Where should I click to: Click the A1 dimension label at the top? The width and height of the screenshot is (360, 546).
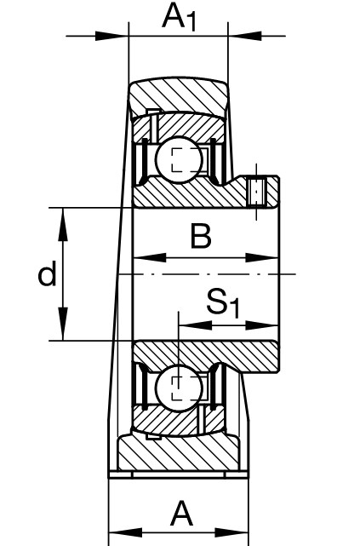pyautogui.click(x=179, y=17)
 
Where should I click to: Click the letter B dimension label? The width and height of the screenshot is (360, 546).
pyautogui.click(x=201, y=237)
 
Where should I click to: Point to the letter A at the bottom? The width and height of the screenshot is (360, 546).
pyautogui.click(x=181, y=514)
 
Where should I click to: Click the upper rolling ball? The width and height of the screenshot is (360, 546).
pyautogui.click(x=179, y=159)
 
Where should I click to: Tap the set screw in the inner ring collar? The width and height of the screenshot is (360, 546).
pyautogui.click(x=257, y=192)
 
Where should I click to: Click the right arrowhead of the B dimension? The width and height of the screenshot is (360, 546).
pyautogui.click(x=261, y=258)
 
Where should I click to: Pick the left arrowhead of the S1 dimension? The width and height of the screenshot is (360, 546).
pyautogui.click(x=195, y=325)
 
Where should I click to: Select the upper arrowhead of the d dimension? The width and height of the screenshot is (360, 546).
pyautogui.click(x=63, y=224)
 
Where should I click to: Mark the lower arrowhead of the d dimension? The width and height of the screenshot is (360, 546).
pyautogui.click(x=63, y=324)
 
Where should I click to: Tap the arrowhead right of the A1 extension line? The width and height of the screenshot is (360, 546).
pyautogui.click(x=244, y=36)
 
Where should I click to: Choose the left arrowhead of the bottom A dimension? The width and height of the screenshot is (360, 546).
pyautogui.click(x=126, y=532)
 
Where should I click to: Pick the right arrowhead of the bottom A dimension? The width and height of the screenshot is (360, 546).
pyautogui.click(x=231, y=532)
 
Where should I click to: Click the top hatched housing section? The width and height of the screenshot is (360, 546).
pyautogui.click(x=179, y=95)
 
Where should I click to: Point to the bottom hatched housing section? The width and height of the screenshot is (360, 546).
pyautogui.click(x=179, y=452)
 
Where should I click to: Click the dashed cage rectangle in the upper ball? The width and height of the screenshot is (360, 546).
pyautogui.click(x=186, y=159)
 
